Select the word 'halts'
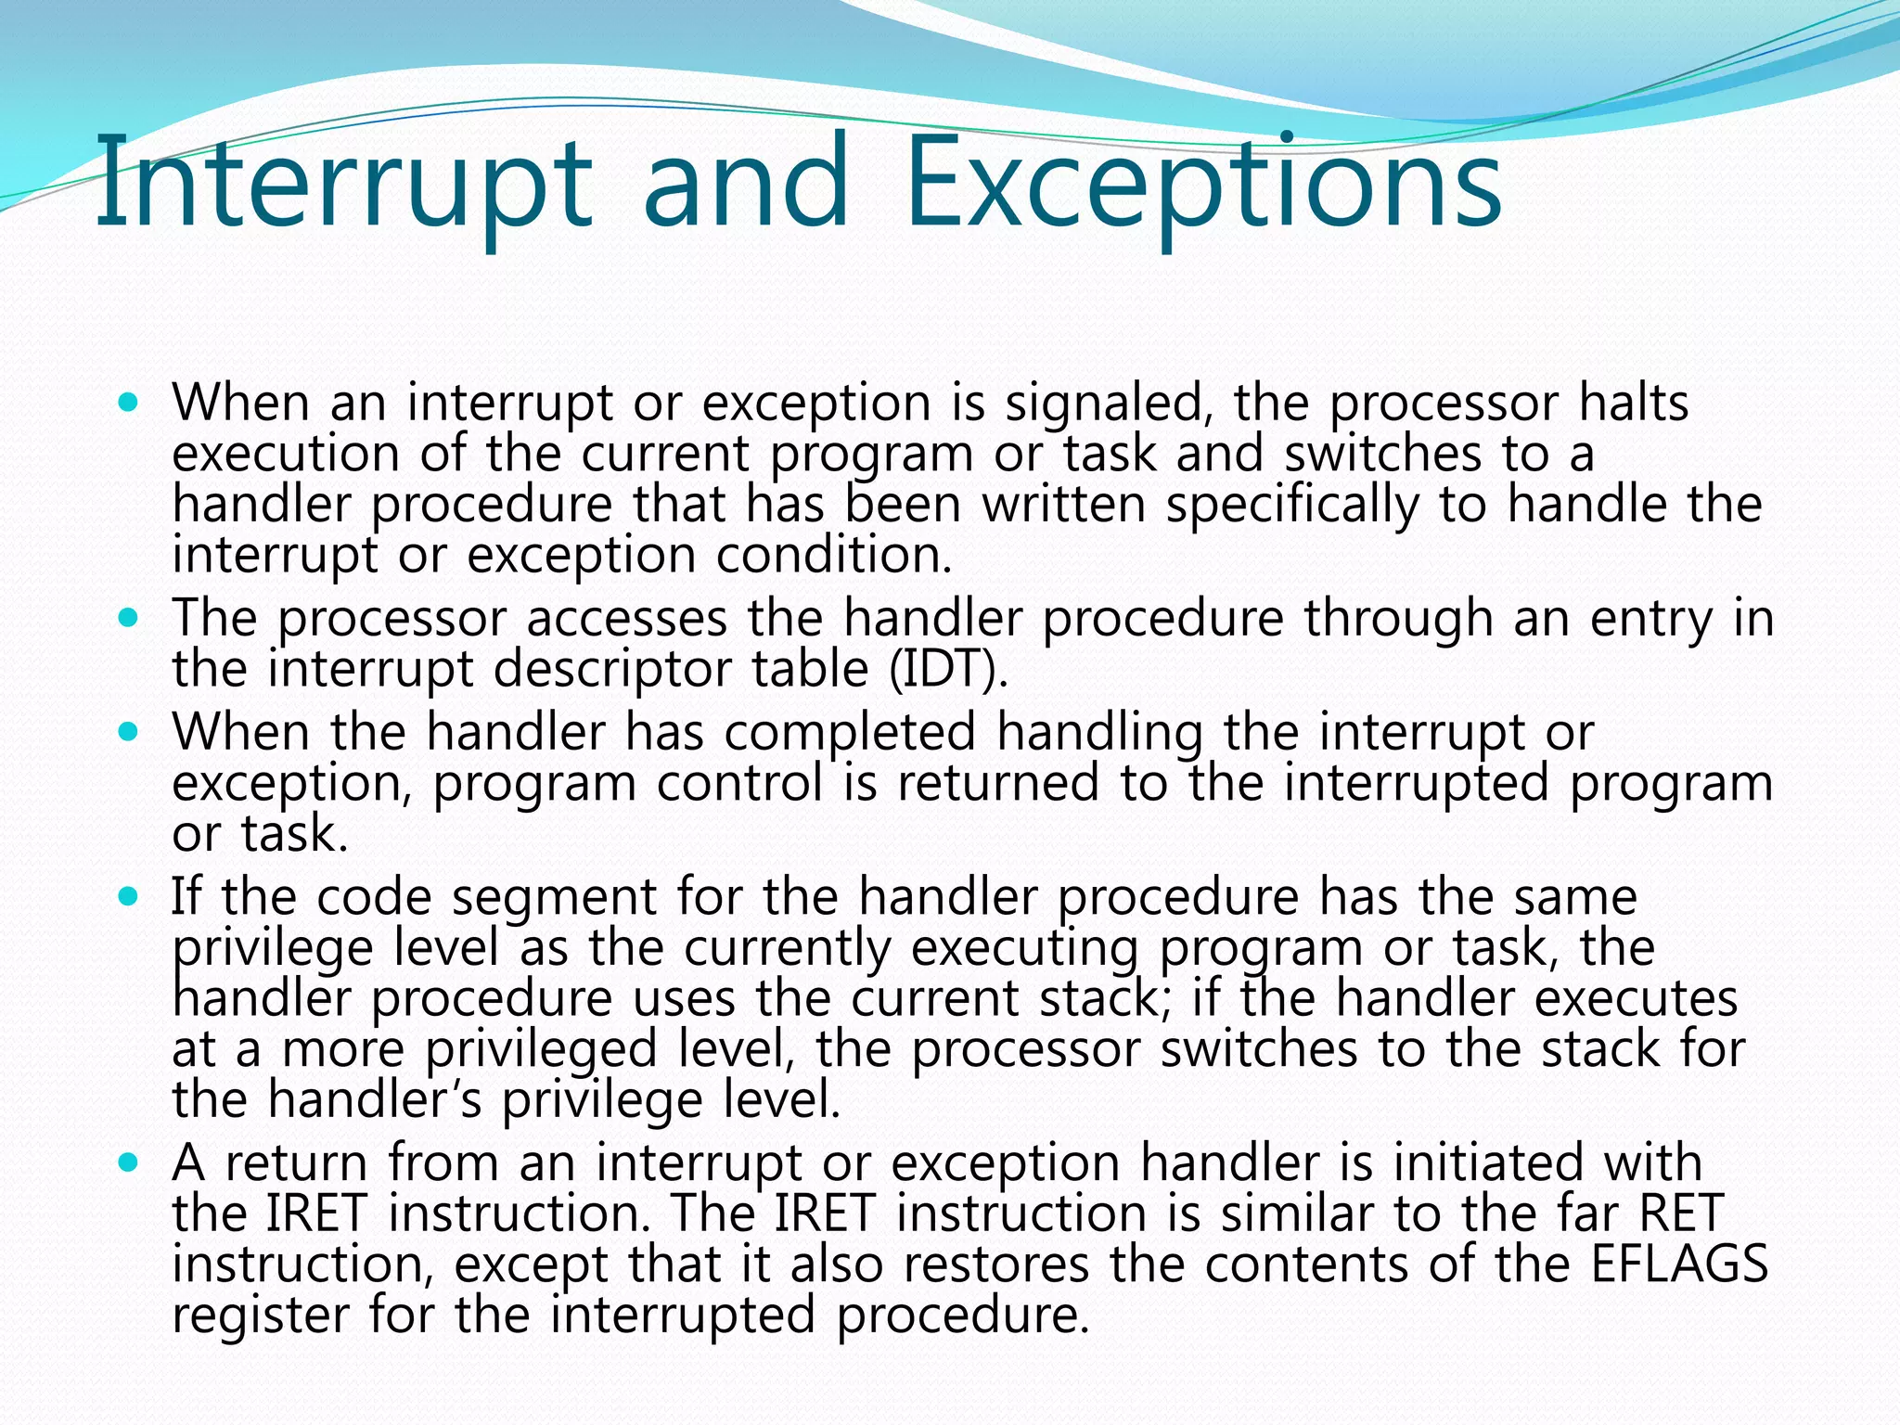click(x=1634, y=404)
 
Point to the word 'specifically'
click(x=1292, y=506)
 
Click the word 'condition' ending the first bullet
click(x=833, y=556)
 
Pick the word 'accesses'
click(x=627, y=619)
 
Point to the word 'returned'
click(x=997, y=783)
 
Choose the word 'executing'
click(x=1024, y=948)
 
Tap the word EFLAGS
click(x=1679, y=1265)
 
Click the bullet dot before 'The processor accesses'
click(x=129, y=616)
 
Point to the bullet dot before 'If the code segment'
click(x=129, y=895)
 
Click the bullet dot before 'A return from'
click(x=129, y=1162)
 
